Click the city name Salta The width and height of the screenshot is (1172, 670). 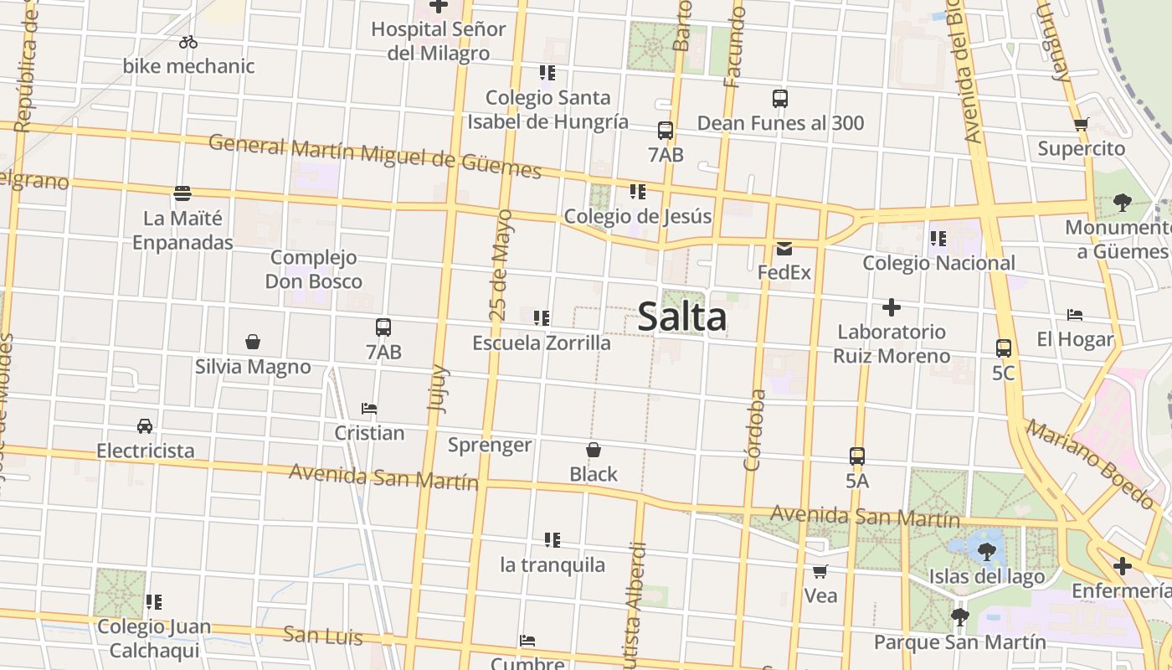(682, 317)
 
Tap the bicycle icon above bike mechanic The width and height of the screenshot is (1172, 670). (188, 42)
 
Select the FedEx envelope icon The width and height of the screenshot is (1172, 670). (784, 249)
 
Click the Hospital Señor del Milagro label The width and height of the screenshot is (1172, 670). (439, 41)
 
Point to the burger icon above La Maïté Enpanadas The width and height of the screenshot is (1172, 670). (182, 193)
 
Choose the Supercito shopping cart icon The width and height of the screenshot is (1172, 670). (1081, 125)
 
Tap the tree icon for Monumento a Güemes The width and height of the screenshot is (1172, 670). (1122, 202)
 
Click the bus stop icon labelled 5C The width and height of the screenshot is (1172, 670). (1003, 348)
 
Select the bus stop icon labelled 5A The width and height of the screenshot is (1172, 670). (857, 456)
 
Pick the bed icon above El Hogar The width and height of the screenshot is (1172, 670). (1075, 315)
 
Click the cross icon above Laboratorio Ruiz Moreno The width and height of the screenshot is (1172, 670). (892, 307)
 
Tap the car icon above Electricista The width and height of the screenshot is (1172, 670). (145, 426)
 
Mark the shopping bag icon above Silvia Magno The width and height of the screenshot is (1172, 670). (253, 342)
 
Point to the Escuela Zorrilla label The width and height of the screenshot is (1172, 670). (542, 343)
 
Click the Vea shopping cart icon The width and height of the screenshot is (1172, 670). (820, 571)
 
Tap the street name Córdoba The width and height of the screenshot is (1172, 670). (753, 430)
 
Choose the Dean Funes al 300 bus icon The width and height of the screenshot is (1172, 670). (780, 99)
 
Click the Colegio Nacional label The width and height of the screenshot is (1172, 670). (938, 263)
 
